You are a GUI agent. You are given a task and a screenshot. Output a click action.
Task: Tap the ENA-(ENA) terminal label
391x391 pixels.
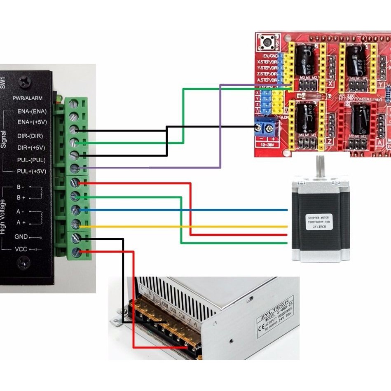click(x=32, y=111)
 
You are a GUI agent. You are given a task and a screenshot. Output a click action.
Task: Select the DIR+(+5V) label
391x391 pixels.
click(x=31, y=148)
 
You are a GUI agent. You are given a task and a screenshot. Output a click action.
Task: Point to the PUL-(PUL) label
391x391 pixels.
click(x=31, y=160)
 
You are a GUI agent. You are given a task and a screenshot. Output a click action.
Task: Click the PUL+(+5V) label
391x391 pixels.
click(x=31, y=171)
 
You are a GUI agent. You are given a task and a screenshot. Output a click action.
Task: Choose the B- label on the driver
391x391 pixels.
click(x=21, y=187)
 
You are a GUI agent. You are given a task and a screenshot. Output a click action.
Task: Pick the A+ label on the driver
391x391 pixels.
click(x=21, y=222)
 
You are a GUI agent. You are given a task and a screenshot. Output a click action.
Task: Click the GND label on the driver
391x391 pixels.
click(x=21, y=237)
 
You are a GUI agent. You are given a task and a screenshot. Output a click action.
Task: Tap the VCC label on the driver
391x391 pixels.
click(x=21, y=249)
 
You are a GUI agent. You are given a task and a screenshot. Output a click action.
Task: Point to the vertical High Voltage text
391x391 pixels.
click(x=4, y=217)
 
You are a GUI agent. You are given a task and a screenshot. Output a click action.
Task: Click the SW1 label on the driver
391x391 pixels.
click(x=3, y=82)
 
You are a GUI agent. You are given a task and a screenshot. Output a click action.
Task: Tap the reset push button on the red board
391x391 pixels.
click(x=267, y=42)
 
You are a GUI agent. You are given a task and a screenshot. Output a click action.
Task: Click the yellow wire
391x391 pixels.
click(x=185, y=227)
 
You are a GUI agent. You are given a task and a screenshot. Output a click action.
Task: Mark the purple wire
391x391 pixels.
click(x=221, y=124)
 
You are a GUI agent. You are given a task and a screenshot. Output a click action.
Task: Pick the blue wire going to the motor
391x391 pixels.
click(x=185, y=210)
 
